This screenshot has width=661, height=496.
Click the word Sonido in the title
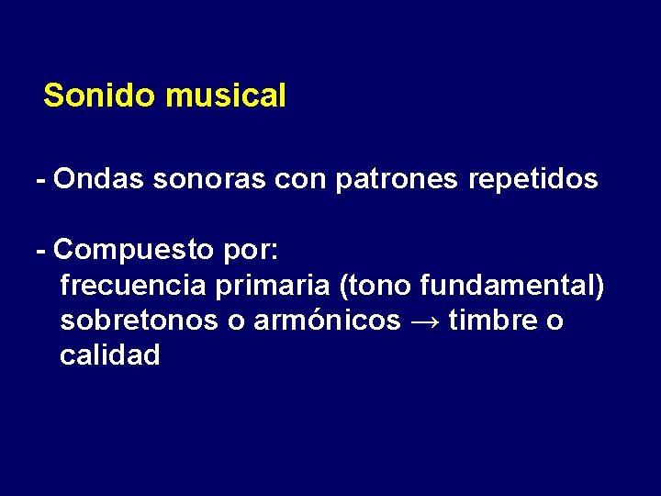click(x=101, y=96)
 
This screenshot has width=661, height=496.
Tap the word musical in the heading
click(x=226, y=96)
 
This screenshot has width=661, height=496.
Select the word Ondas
click(x=99, y=178)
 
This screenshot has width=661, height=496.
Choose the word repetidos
click(x=533, y=178)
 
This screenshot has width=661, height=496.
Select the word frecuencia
click(x=133, y=286)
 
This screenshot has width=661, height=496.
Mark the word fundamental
click(x=509, y=286)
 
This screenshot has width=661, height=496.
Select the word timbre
click(x=492, y=321)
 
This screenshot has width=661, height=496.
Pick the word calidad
click(x=109, y=355)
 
